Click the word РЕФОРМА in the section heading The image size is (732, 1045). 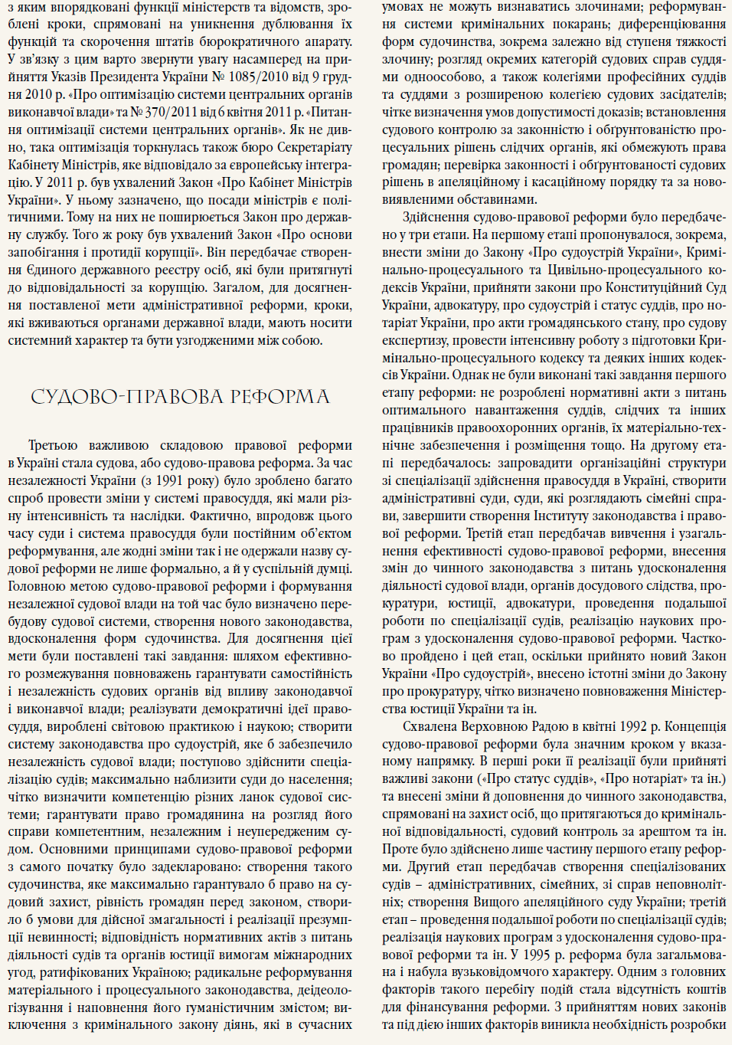point(280,397)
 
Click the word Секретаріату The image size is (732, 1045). point(303,147)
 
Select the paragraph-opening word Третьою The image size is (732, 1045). point(53,445)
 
